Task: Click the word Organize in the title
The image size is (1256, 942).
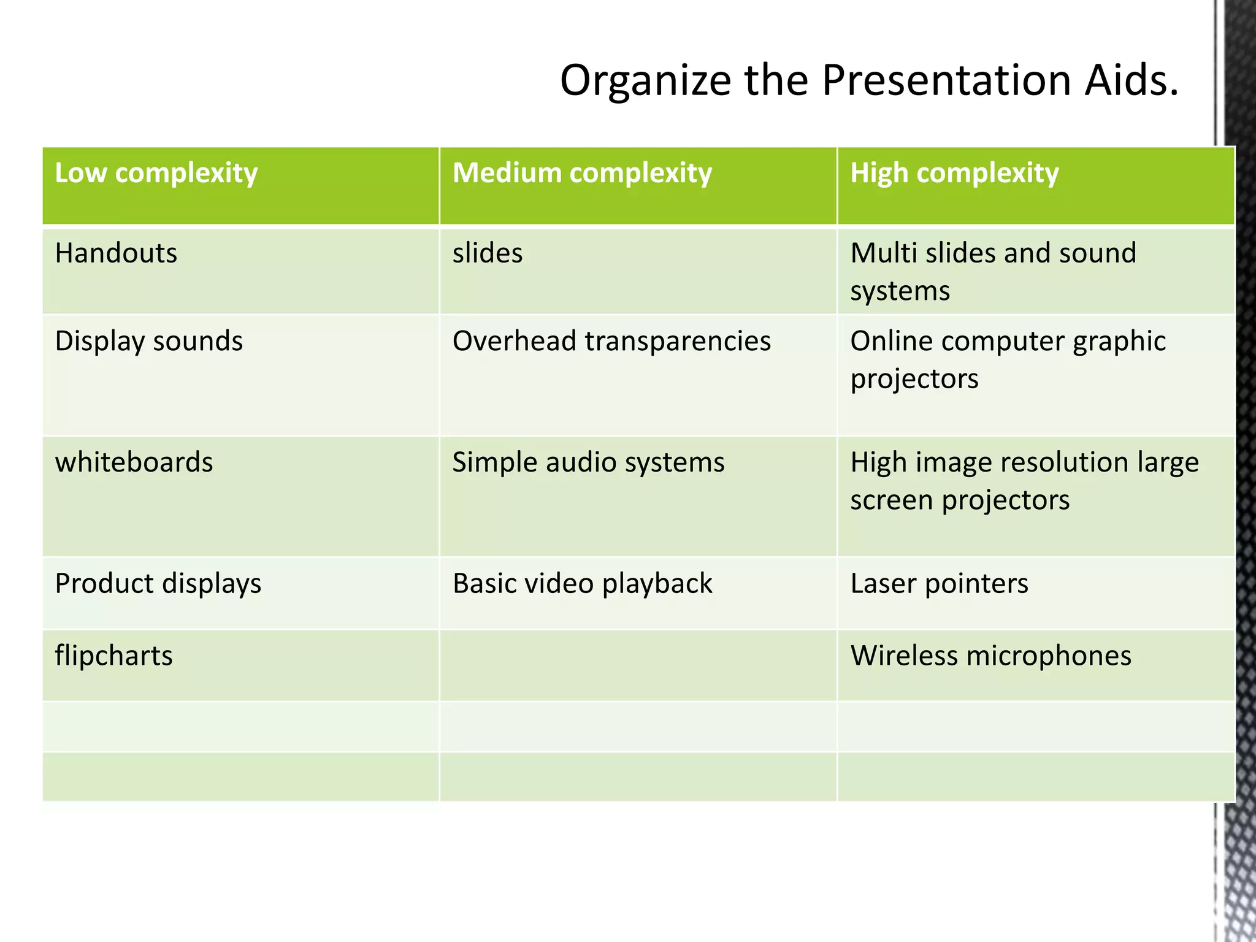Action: [x=645, y=82]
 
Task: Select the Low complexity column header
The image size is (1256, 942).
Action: [x=156, y=174]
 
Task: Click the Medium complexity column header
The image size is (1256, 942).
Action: [x=582, y=174]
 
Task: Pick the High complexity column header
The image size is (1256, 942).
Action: [x=954, y=174]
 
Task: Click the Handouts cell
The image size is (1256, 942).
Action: [x=116, y=253]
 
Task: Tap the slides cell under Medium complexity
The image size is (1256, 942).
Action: [x=488, y=253]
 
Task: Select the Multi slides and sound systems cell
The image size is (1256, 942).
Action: [x=993, y=271]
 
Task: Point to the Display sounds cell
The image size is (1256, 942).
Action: [x=149, y=341]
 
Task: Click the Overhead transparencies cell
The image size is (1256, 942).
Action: [x=611, y=341]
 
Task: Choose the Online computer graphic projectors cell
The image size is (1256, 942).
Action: [x=1007, y=359]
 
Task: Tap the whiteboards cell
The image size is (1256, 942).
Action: [x=134, y=462]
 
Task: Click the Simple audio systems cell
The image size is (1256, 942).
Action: [x=588, y=462]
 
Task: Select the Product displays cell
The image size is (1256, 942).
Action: [x=158, y=584]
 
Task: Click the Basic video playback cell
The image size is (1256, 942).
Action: [x=582, y=584]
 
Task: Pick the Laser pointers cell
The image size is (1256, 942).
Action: [x=939, y=584]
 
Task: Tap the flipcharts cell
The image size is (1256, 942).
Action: [x=114, y=656]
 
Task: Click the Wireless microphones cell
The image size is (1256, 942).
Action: [x=990, y=656]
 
